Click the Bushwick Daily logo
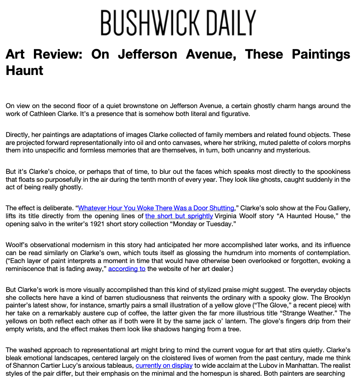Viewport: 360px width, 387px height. coord(178,23)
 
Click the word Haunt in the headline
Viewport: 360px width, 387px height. coord(24,70)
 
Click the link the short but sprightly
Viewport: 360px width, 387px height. coord(179,216)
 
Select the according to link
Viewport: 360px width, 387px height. coord(127,269)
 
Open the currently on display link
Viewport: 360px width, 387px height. coord(164,366)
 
